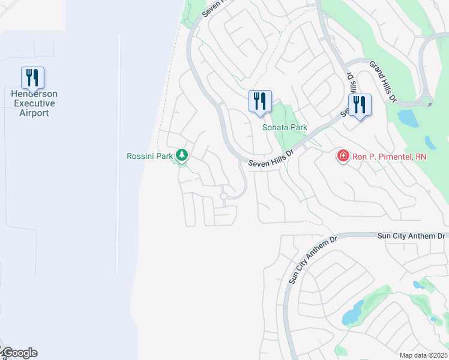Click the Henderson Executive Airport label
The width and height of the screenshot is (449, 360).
34,103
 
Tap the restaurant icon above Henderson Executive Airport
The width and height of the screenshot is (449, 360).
32,78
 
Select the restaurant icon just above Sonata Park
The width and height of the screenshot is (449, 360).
260,101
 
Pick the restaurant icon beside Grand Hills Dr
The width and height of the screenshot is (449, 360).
360,105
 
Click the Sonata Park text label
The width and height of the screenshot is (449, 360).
285,127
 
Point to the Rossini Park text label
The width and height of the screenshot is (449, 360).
149,157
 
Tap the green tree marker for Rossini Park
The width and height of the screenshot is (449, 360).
182,156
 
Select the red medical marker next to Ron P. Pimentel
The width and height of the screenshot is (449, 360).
343,156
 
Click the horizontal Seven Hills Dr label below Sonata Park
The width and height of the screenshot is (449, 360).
274,158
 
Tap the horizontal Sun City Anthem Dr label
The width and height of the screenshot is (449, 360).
411,236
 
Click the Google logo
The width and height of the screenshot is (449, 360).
19,353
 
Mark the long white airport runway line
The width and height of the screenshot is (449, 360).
119,150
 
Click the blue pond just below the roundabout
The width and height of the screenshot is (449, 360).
408,118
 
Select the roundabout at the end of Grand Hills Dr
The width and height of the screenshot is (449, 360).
426,102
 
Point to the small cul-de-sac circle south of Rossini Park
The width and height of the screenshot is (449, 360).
223,196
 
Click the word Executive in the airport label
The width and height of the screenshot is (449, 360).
34,103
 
